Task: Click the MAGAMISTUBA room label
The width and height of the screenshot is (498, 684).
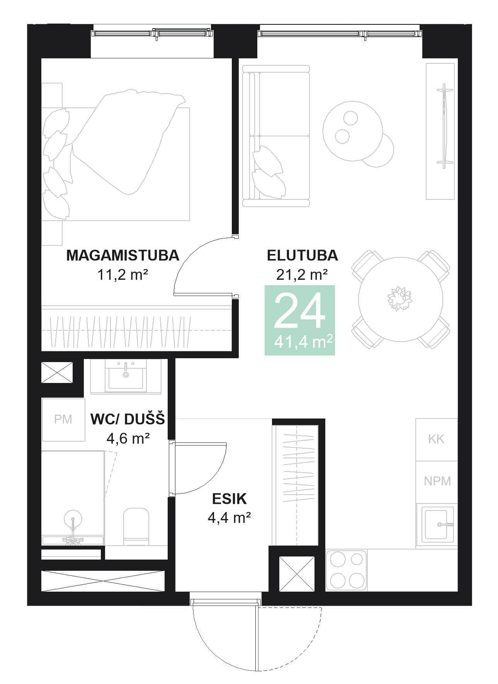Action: click(122, 255)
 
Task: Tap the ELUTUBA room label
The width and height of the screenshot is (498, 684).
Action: click(302, 255)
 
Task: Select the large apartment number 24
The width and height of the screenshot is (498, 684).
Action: click(299, 310)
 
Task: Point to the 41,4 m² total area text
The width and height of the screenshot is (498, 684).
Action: click(303, 342)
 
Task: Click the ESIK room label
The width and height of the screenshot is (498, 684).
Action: click(229, 499)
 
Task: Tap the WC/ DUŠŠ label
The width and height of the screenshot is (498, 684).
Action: click(127, 419)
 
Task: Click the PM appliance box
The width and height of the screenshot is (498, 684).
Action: click(63, 420)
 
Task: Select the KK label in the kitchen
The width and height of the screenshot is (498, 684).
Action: click(436, 439)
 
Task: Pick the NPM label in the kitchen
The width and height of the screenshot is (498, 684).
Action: click(437, 481)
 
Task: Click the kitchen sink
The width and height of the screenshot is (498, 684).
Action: click(437, 524)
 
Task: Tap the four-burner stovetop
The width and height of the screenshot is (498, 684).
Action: click(346, 570)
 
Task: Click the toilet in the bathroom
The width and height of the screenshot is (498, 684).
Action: click(136, 526)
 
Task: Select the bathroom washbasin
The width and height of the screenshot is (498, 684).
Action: click(126, 377)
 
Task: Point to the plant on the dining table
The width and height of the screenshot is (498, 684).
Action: click(399, 298)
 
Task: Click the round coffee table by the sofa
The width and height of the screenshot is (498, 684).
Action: click(352, 131)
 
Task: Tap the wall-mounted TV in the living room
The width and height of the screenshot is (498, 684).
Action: click(444, 126)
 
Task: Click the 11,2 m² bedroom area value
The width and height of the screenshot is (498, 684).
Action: click(122, 275)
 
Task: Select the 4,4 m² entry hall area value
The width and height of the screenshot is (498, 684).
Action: click(229, 518)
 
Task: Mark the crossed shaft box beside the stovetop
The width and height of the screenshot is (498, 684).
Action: click(297, 574)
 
